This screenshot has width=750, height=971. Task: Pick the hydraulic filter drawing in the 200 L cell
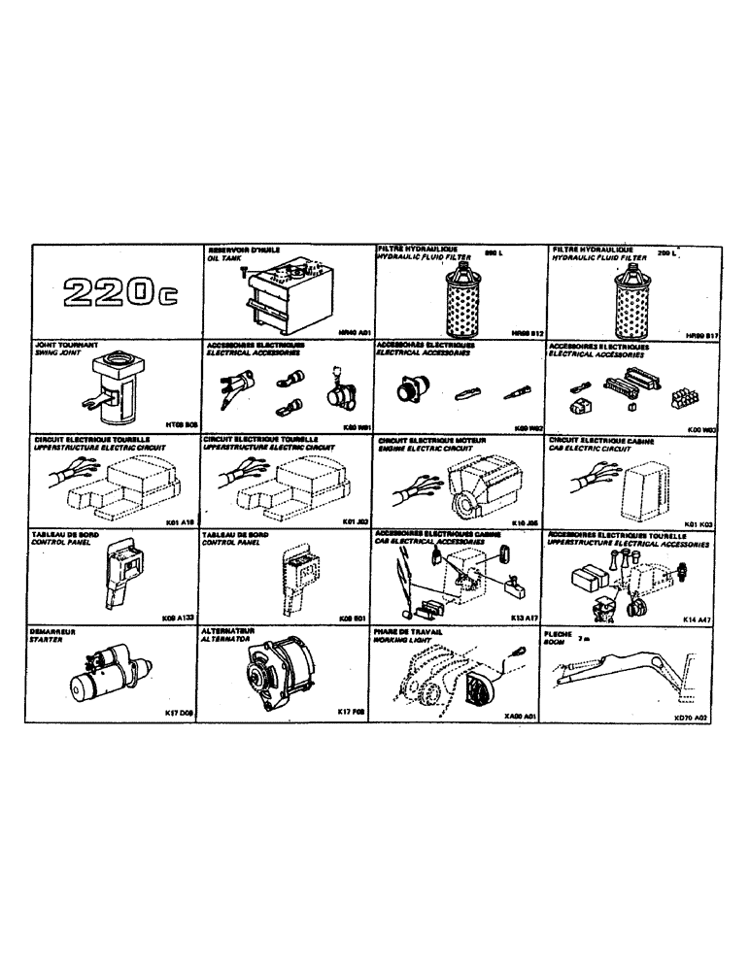point(626,295)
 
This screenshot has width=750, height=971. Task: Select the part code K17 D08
point(181,712)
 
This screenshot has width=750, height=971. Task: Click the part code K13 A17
point(524,618)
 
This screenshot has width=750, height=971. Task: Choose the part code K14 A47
point(698,618)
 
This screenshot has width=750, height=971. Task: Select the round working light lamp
point(477,692)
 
